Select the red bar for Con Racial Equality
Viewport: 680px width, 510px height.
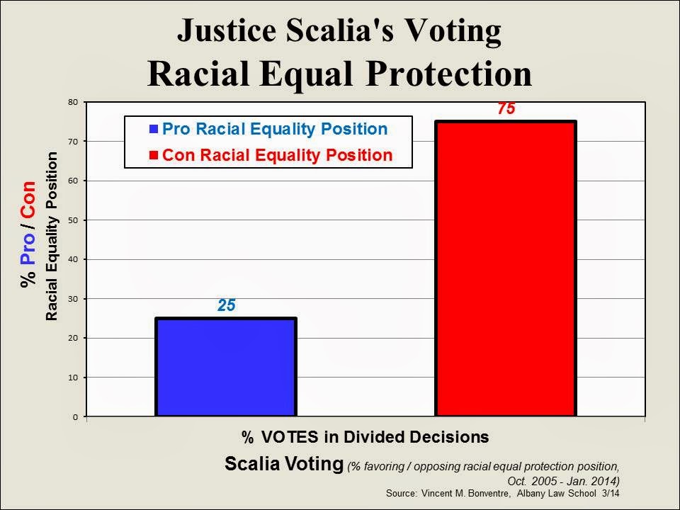tap(505, 268)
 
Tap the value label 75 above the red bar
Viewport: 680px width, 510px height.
tap(506, 110)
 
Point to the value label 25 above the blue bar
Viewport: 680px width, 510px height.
tap(226, 306)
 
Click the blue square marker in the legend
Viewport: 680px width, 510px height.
tap(154, 130)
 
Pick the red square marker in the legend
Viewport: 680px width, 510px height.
tap(154, 155)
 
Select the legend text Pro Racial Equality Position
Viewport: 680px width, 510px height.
tap(275, 130)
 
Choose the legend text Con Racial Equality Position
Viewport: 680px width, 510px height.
tap(277, 155)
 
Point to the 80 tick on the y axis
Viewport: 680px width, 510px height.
tap(73, 102)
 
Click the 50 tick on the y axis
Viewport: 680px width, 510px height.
tap(73, 220)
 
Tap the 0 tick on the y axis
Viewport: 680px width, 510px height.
tap(75, 417)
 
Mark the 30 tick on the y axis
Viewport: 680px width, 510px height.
tap(73, 299)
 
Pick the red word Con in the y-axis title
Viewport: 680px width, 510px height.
tap(28, 202)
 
